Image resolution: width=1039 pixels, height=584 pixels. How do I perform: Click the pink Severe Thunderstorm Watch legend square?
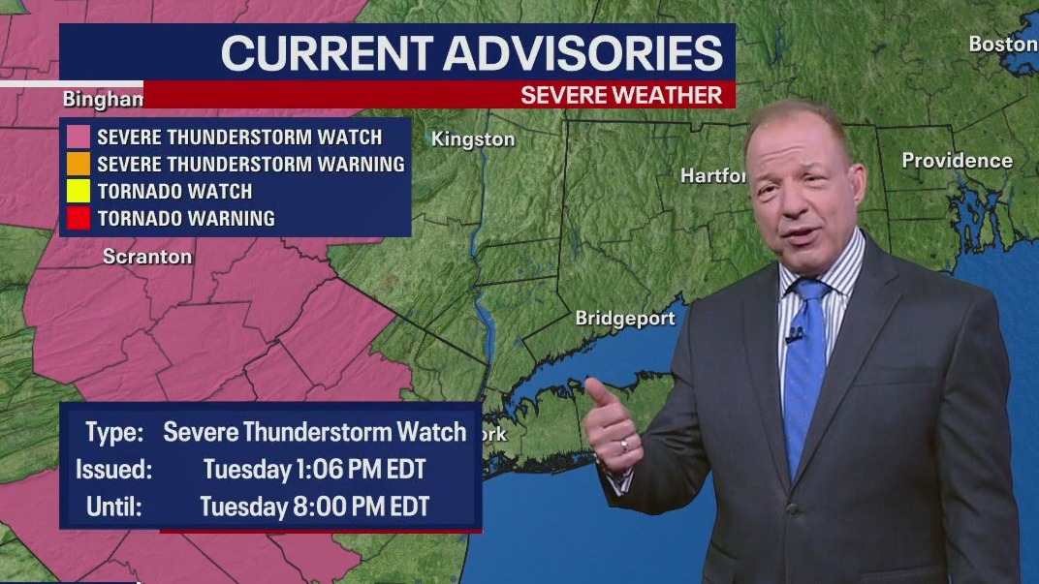tap(79, 138)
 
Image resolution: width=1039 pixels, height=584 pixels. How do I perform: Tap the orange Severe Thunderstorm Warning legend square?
tap(79, 165)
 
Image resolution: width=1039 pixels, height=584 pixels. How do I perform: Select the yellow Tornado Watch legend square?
tap(79, 192)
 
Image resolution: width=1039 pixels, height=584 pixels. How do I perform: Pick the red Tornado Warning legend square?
tap(79, 219)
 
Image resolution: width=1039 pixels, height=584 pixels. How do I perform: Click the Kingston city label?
tap(473, 139)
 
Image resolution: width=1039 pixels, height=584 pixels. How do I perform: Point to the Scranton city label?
tap(147, 257)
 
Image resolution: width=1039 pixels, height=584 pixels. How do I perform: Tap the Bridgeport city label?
tap(625, 319)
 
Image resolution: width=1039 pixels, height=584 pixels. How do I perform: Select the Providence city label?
tap(957, 161)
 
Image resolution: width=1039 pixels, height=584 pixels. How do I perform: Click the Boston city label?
tap(1002, 45)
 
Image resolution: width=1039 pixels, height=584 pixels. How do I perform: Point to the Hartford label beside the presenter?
tap(713, 176)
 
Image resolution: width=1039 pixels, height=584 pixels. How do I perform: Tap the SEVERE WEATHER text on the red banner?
tap(621, 96)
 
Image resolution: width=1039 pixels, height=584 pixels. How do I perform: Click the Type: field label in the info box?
tap(114, 433)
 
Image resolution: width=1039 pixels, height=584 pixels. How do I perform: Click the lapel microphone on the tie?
tap(794, 337)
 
